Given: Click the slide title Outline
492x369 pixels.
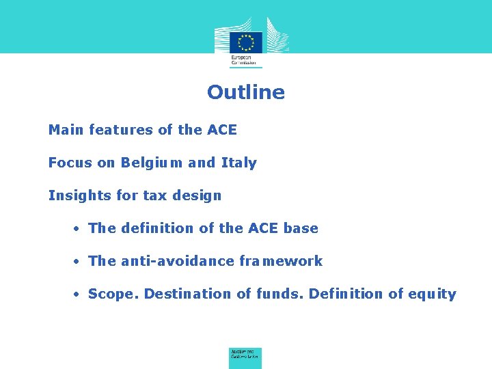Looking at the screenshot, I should coord(246,92).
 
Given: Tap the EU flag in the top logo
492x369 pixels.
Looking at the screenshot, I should coord(246,41).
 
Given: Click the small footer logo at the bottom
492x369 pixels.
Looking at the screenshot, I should coord(245,356).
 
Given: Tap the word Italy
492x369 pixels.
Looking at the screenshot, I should coord(238,163).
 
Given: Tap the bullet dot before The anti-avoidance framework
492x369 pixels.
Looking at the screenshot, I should coord(79,262).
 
